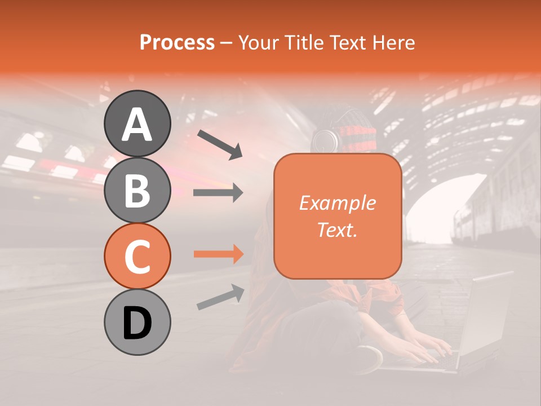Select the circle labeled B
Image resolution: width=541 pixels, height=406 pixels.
point(137,190)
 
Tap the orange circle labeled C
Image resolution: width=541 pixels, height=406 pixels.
point(137,257)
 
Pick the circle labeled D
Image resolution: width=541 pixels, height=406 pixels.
point(137,323)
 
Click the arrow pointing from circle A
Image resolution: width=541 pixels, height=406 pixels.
point(220,144)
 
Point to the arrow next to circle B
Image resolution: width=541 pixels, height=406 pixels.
point(218,193)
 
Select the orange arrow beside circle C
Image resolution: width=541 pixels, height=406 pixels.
point(218,254)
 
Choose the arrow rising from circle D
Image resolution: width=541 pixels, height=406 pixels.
point(220,297)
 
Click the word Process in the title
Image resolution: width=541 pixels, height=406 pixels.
point(177,42)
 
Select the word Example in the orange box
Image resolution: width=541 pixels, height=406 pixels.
point(337,203)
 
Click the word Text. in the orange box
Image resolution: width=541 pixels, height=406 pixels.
point(337,230)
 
